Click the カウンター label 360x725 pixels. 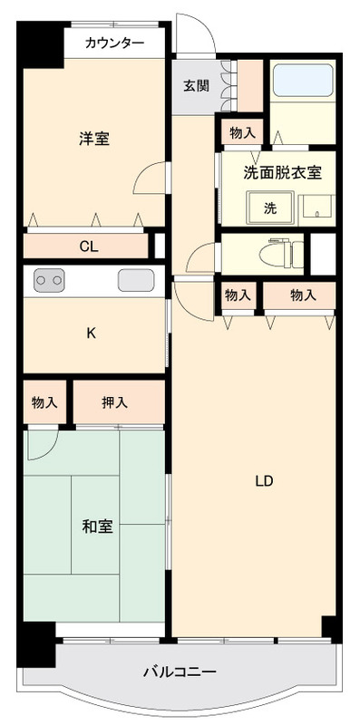tap(115, 43)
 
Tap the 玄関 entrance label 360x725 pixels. tap(196, 85)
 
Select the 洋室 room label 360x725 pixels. tap(94, 139)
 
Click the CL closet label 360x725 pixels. tap(89, 246)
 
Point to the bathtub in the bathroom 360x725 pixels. tap(303, 80)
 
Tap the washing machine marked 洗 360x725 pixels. tap(270, 208)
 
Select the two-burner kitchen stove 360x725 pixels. tap(49, 280)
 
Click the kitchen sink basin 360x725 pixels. tap(136, 280)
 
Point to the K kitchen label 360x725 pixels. tap(92, 333)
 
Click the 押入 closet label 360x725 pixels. tap(114, 402)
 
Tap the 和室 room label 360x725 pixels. tap(98, 527)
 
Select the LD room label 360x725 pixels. tap(265, 481)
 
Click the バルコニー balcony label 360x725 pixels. tap(179, 671)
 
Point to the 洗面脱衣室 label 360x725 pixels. tap(282, 172)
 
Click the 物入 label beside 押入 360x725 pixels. tap(44, 402)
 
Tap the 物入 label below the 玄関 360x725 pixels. tap(242, 133)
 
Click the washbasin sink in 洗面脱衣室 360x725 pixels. tap(317, 211)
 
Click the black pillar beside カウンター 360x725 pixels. tap(40, 44)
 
